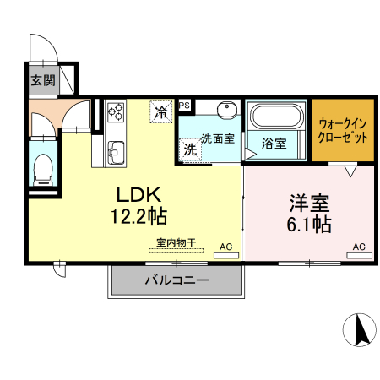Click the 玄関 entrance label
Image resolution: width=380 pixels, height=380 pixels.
(x=43, y=81)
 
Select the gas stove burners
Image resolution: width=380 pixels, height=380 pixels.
(x=116, y=113)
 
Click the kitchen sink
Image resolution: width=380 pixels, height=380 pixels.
(x=116, y=154)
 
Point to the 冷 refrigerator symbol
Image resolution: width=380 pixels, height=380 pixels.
(x=160, y=110)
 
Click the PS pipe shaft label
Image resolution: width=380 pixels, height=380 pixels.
(x=183, y=105)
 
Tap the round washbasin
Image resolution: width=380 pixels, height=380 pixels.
(x=225, y=111)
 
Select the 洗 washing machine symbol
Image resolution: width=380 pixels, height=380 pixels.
(x=191, y=148)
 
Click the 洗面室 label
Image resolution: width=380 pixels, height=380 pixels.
(x=218, y=139)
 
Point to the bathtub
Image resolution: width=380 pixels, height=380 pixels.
(x=276, y=117)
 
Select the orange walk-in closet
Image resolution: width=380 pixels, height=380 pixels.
(x=342, y=130)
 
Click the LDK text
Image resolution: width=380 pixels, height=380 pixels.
(x=132, y=192)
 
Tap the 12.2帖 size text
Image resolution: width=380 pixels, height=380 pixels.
(x=137, y=216)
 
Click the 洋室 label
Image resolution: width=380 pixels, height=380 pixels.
(x=309, y=204)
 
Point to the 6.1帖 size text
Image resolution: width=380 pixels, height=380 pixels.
(x=309, y=225)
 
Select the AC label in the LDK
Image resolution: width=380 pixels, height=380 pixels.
(x=225, y=247)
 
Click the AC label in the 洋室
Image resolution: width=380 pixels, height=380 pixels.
(x=358, y=247)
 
